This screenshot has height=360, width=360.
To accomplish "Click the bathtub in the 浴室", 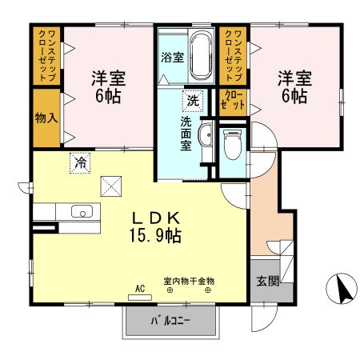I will pos(199,55).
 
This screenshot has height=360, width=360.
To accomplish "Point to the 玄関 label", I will pos(267,281).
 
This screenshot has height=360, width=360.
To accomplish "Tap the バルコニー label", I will pos(172,322).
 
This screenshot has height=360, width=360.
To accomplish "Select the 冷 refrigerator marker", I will pos(81,162).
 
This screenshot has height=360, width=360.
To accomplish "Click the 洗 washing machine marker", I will pos(193,101).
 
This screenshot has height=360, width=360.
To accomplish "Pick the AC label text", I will pos(139,288).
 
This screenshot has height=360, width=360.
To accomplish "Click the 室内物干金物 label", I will pos(189,282).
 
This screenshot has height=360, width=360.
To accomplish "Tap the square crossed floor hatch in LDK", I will pos(111,186).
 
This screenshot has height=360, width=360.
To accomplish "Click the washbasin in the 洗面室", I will pos(205,136).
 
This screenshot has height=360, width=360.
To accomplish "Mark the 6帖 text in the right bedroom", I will pos(294,96).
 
